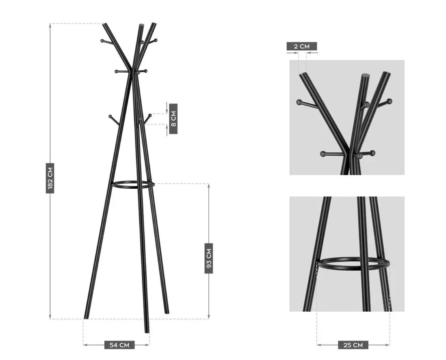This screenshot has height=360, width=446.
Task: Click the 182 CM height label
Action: click(x=50, y=178)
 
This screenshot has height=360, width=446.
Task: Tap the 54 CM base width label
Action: click(x=119, y=345)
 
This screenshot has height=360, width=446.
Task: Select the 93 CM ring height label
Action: click(x=209, y=258)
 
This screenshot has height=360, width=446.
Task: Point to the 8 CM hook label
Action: click(x=173, y=119)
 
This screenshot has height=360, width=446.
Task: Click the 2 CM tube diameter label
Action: click(x=301, y=46)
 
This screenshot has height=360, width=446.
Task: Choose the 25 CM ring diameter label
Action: click(x=353, y=345)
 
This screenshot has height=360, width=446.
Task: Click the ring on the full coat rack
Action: click(x=133, y=188)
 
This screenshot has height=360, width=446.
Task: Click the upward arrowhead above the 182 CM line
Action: click(x=50, y=25)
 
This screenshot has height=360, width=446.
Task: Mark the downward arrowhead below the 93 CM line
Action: click(x=209, y=317)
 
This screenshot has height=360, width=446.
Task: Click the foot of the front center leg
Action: click(x=147, y=331)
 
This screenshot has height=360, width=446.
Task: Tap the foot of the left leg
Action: click(x=86, y=317)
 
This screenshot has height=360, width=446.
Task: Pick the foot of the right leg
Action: click(x=167, y=313)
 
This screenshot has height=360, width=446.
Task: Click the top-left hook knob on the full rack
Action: click(x=102, y=41)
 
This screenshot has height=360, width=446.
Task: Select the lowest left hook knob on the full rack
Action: click(x=110, y=116)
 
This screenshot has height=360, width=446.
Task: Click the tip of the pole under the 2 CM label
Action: click(x=303, y=74)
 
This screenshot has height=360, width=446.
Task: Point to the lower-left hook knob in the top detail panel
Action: click(x=323, y=154)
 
